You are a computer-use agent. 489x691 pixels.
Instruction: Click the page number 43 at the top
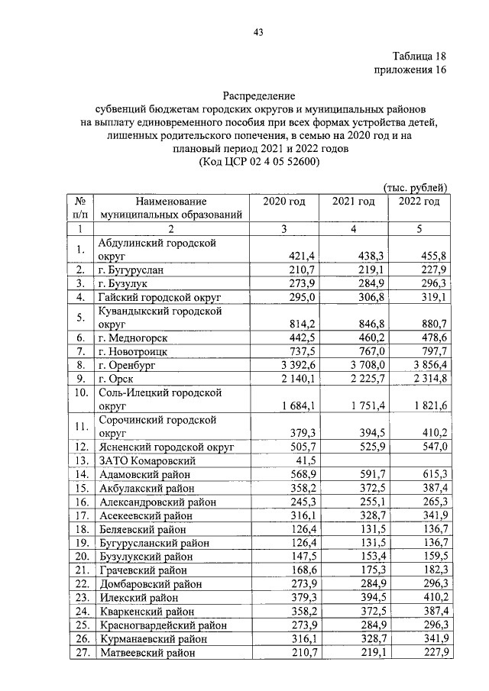tap(257, 31)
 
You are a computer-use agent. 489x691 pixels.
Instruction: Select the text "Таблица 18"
tap(419, 57)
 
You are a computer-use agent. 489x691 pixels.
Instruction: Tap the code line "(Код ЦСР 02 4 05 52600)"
tap(258, 162)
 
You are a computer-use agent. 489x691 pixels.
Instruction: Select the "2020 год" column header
tap(283, 202)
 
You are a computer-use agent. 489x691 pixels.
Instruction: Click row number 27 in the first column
tap(79, 653)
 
